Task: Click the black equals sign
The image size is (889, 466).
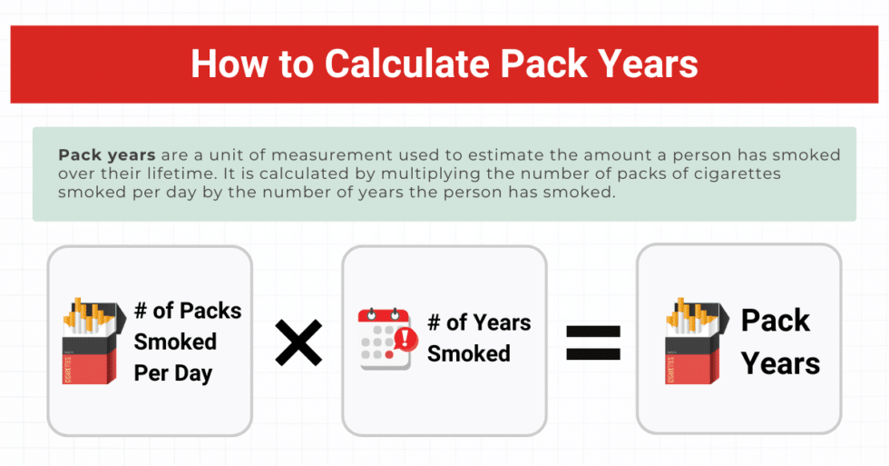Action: (x=593, y=342)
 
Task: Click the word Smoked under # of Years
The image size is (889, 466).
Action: (x=468, y=352)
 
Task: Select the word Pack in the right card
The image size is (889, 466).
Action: (x=776, y=321)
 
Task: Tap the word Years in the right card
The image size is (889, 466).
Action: (x=780, y=364)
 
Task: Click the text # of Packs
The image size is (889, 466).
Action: (x=188, y=311)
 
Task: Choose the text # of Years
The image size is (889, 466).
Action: (x=478, y=322)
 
